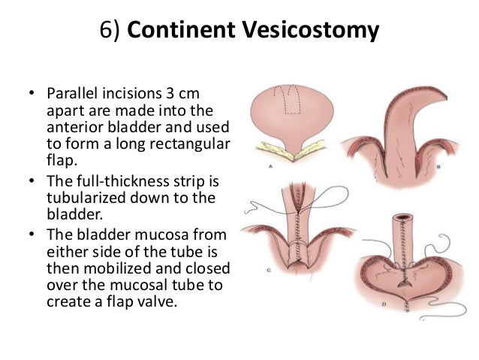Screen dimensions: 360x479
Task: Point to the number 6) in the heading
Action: click(x=110, y=32)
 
